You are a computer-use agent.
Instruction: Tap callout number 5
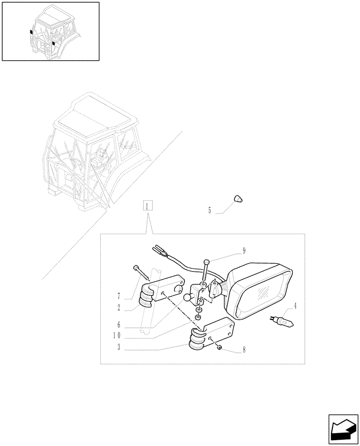tap(209, 210)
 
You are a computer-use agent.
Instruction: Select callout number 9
tap(244, 250)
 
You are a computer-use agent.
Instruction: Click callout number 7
tap(119, 296)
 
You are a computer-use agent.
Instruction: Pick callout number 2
tap(119, 308)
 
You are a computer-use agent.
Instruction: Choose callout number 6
tap(119, 325)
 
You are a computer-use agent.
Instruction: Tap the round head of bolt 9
tap(206, 262)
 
